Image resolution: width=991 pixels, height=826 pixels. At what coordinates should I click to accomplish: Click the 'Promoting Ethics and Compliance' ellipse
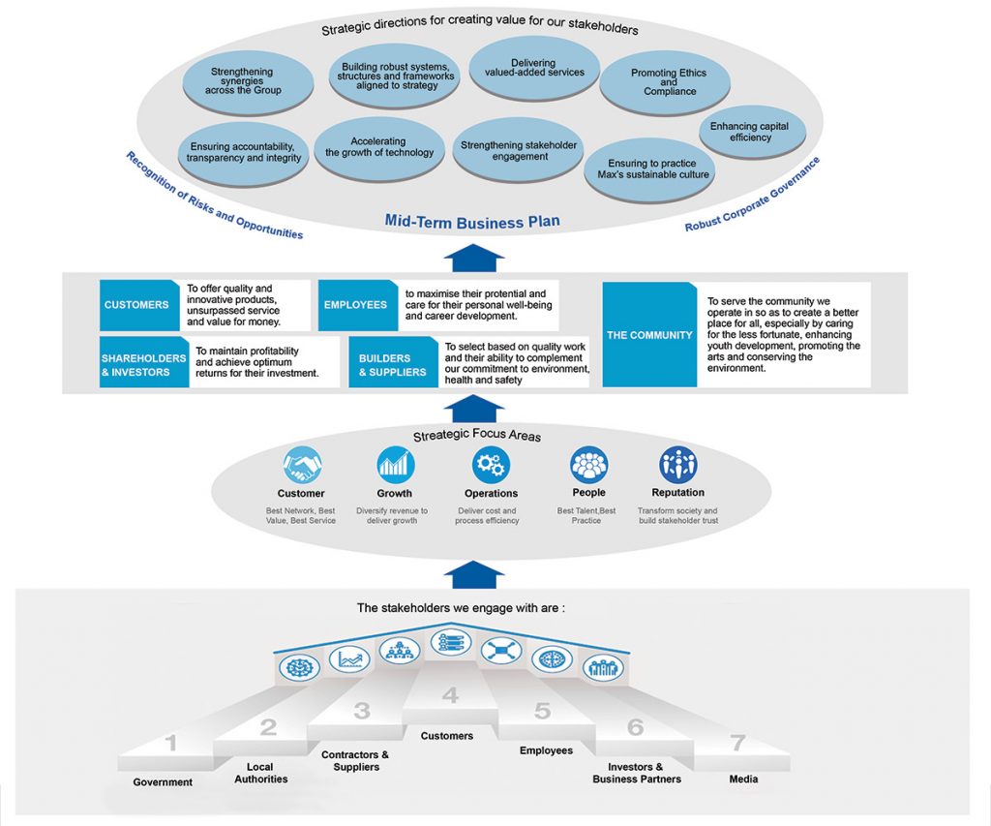[669, 82]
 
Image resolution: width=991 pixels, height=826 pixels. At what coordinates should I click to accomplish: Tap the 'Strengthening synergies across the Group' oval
[242, 80]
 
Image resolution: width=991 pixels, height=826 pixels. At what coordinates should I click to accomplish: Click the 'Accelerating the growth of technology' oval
[378, 147]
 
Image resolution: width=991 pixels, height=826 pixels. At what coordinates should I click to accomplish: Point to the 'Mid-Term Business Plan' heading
[472, 221]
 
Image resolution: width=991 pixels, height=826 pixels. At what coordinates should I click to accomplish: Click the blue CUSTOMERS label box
[138, 305]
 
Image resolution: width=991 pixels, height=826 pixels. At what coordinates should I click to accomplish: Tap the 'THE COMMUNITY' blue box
[648, 335]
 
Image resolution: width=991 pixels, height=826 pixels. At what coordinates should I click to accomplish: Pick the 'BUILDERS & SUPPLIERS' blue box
[392, 364]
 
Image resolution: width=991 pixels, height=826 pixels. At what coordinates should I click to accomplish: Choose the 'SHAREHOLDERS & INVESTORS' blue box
[143, 364]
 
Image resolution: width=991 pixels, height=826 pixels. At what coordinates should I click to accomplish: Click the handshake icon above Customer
[300, 466]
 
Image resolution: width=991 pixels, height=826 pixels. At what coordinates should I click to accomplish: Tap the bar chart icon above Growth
[394, 466]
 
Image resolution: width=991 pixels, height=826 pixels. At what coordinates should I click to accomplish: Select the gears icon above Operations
[491, 466]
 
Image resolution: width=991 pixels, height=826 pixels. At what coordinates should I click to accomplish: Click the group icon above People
[587, 466]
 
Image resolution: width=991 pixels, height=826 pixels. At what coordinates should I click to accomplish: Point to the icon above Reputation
[677, 466]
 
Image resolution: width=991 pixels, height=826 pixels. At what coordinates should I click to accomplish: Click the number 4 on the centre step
[450, 695]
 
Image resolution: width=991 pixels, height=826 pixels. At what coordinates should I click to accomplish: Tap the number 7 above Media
[737, 744]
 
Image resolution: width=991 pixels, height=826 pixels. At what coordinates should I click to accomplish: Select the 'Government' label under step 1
[163, 782]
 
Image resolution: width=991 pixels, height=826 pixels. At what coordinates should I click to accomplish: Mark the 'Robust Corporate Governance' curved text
[752, 194]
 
